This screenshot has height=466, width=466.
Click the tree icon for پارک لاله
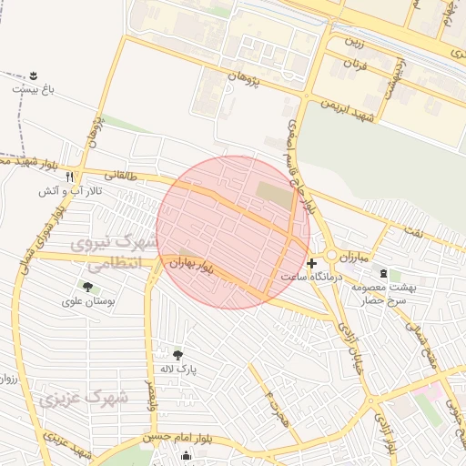177,354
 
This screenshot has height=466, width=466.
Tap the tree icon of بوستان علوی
87,287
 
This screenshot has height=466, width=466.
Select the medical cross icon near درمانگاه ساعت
312,262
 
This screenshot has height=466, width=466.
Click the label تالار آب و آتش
66,192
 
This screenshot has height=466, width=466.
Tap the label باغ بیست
34,90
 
